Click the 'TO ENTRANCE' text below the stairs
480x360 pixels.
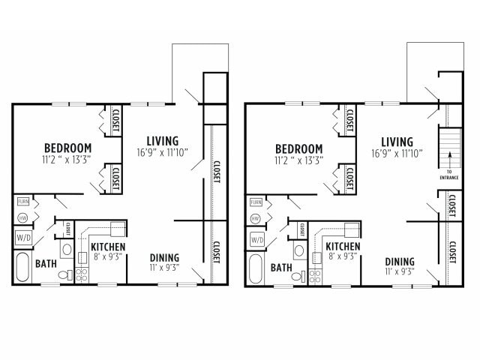coord(448,175)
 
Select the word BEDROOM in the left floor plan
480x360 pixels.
coord(67,148)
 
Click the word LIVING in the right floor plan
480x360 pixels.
coord(397,142)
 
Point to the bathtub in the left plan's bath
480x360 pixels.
coord(22,268)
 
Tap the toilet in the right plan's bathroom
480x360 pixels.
coord(298,275)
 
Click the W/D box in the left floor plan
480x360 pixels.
coord(22,239)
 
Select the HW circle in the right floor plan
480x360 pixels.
coord(255,218)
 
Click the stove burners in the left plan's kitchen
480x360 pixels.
coord(82,274)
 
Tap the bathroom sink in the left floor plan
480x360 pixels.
coord(66,249)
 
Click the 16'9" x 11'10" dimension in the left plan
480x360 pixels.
coord(162,152)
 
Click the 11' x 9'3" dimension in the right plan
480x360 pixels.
coord(400,271)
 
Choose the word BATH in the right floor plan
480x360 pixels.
coord(281,267)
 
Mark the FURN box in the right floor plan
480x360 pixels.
coord(256,202)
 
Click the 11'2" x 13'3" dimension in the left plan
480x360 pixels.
coord(67,159)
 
